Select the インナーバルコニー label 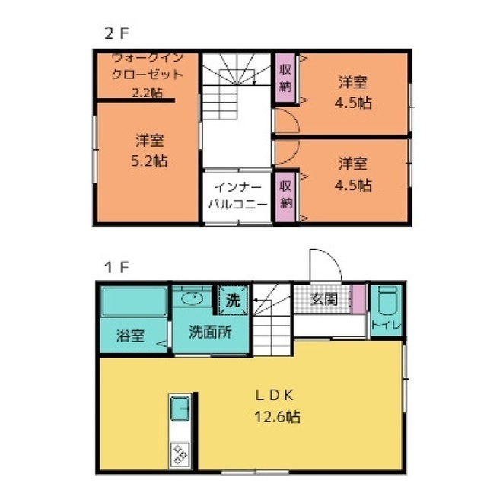tap(238, 196)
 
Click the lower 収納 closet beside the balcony tap(285, 195)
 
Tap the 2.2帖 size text tap(147, 93)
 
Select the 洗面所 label tap(206, 332)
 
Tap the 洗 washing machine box tap(233, 301)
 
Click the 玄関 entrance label tap(325, 300)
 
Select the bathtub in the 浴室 tap(134, 302)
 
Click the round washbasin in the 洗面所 tap(193, 298)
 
